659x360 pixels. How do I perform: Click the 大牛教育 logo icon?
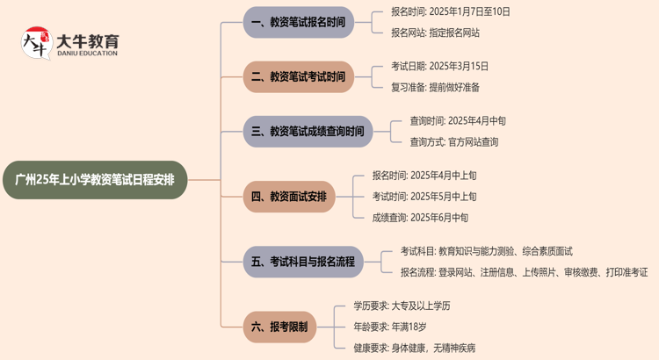point(37,43)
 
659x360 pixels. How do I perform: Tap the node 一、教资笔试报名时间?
point(298,22)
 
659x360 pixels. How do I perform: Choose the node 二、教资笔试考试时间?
point(298,76)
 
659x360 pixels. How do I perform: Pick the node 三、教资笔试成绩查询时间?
point(308,132)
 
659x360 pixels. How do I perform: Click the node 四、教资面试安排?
point(289,197)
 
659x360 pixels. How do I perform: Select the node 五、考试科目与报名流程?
point(303,262)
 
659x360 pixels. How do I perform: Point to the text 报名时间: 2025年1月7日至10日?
point(451,12)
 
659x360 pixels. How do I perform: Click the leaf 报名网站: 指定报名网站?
point(436,32)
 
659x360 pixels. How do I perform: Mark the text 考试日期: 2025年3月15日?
point(440,67)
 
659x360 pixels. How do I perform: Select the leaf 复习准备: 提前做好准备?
point(436,87)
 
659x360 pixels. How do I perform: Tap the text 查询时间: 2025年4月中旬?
point(458,121)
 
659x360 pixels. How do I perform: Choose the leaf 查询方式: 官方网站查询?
point(454,141)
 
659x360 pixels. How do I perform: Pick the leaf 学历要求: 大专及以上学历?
point(402,306)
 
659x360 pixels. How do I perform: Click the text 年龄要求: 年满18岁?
point(390,327)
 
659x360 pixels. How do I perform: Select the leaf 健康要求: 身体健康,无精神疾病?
point(414,347)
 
